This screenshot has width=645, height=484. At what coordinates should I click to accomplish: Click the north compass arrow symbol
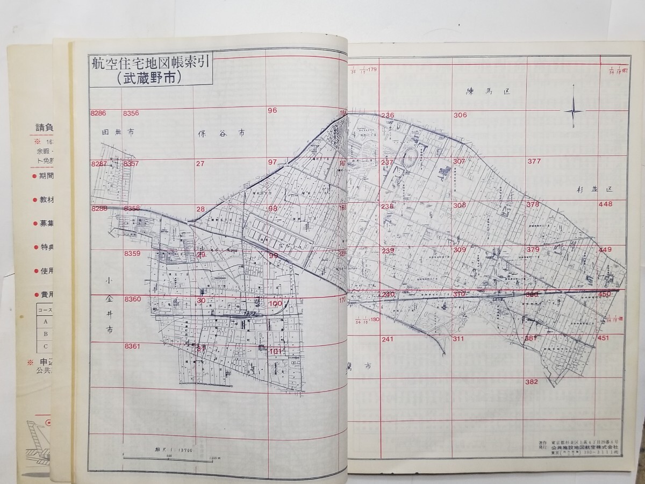click(x=574, y=111)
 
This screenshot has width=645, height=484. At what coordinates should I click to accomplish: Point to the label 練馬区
click(x=487, y=91)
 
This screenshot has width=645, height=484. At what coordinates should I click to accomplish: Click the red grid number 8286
click(x=99, y=113)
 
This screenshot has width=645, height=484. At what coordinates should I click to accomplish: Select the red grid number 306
click(x=460, y=115)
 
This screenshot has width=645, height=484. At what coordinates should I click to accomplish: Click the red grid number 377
click(x=534, y=161)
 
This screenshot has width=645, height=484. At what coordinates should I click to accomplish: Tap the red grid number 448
click(x=605, y=204)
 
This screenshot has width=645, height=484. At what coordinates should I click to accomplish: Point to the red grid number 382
click(x=531, y=382)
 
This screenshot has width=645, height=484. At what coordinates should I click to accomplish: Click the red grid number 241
click(x=387, y=339)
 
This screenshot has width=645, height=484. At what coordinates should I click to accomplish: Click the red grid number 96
click(x=272, y=111)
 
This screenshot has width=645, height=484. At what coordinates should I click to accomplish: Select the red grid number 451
click(x=603, y=338)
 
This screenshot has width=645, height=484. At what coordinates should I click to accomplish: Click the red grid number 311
click(x=458, y=339)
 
